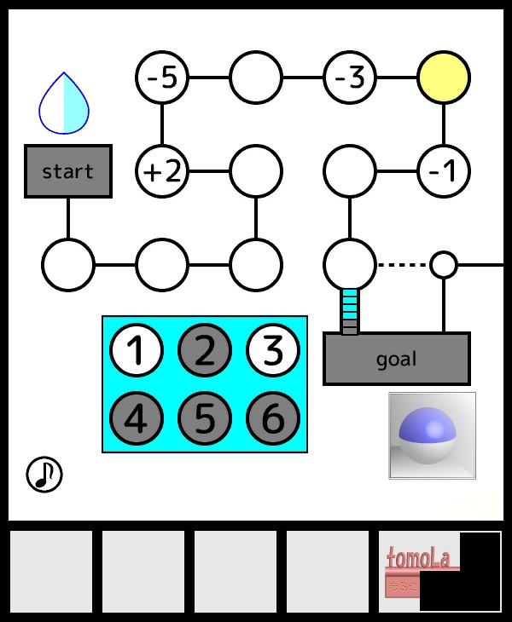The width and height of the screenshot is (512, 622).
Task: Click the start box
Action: (x=68, y=171)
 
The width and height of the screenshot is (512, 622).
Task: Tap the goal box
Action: (x=397, y=359)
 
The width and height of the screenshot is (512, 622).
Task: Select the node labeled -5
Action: (x=161, y=78)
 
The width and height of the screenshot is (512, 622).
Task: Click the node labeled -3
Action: (x=349, y=78)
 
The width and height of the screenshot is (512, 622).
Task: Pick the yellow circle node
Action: (x=443, y=78)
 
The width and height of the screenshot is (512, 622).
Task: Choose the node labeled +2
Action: (x=161, y=171)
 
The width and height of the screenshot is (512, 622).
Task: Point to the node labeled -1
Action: (x=443, y=171)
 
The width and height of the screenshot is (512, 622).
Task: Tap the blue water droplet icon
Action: (x=64, y=105)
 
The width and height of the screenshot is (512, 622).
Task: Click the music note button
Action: (x=44, y=475)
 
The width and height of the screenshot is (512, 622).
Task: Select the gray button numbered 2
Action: (x=204, y=350)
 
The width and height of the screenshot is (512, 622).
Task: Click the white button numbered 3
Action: (x=272, y=350)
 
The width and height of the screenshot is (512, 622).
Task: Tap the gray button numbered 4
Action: (x=136, y=418)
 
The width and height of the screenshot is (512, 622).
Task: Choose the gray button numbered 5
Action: (x=204, y=418)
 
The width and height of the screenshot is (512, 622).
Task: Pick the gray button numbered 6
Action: (x=272, y=418)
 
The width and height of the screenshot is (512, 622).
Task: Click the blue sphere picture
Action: (x=432, y=435)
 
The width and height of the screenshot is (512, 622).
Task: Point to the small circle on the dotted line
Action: (x=443, y=265)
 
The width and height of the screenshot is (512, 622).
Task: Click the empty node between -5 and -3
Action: (x=255, y=78)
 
